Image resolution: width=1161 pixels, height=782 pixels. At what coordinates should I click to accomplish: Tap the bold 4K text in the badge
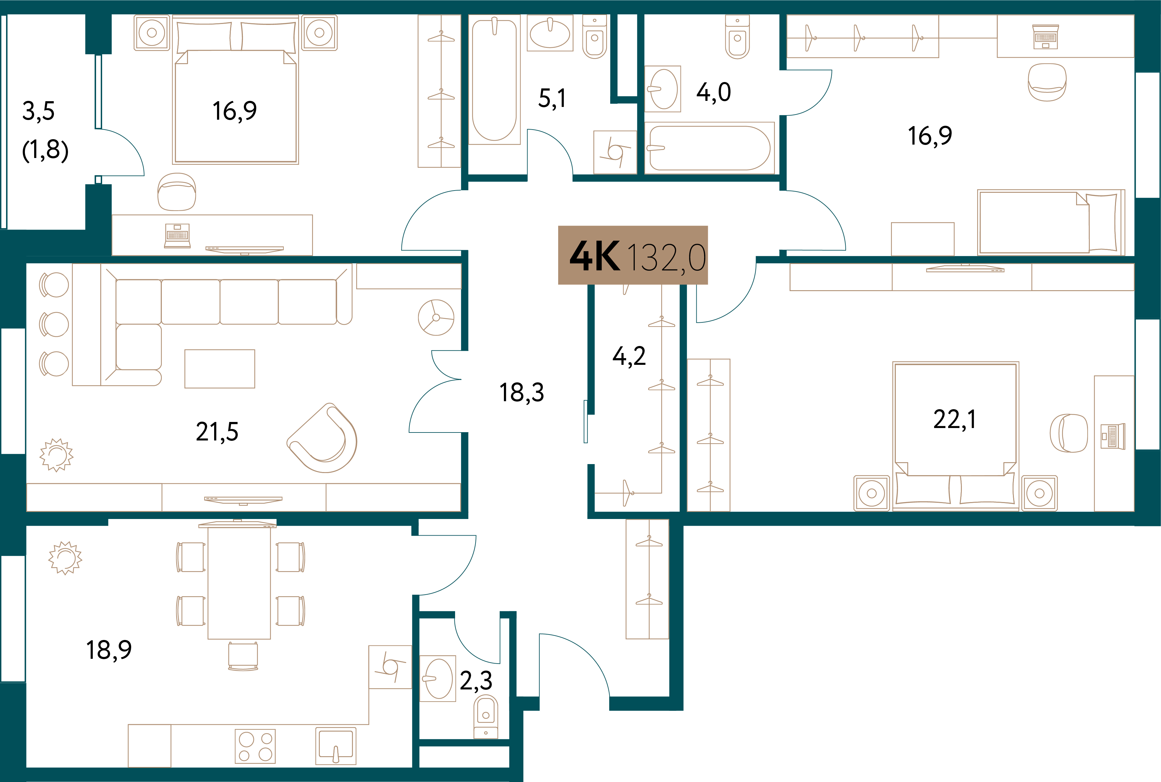click(x=595, y=256)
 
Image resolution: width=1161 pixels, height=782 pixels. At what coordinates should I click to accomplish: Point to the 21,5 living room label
click(x=217, y=432)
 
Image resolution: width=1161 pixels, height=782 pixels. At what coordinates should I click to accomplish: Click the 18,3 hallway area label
click(x=521, y=393)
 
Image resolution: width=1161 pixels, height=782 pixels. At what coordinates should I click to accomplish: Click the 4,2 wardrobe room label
click(x=629, y=357)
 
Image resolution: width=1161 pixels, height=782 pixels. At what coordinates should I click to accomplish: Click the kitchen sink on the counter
click(x=335, y=746)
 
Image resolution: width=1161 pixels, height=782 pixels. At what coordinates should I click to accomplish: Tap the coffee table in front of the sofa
click(x=219, y=369)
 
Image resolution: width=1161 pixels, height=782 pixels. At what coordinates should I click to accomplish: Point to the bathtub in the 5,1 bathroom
click(x=494, y=80)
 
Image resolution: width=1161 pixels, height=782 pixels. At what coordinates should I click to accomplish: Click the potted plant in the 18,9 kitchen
click(x=65, y=558)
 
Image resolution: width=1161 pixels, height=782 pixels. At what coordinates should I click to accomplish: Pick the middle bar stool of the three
click(x=54, y=324)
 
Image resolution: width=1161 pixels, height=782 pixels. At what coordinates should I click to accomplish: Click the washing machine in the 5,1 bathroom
click(x=615, y=152)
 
